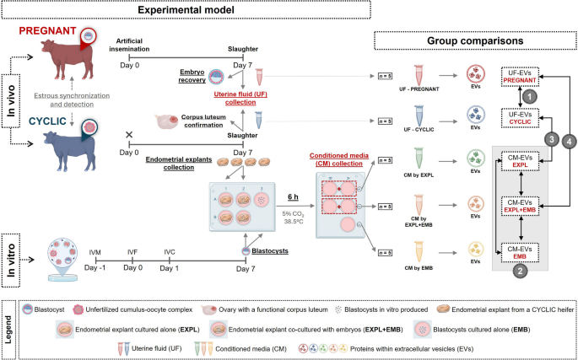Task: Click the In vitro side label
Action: pos(10,250)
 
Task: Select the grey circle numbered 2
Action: pos(521,271)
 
